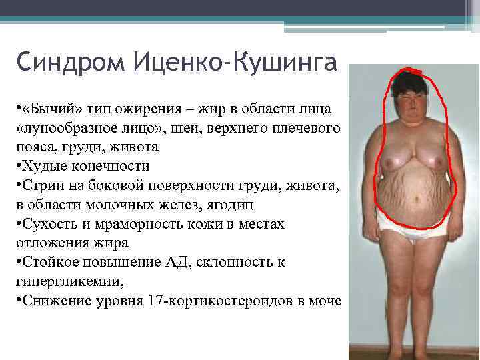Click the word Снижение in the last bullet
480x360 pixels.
pyautogui.click(x=52, y=301)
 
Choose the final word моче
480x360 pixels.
pyautogui.click(x=325, y=301)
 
